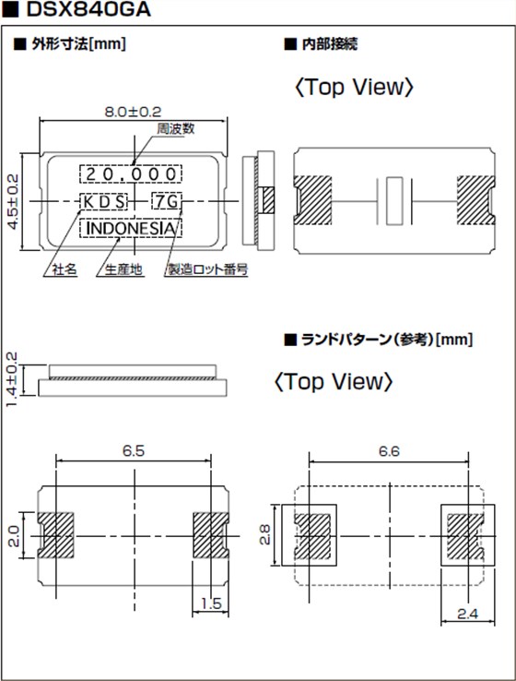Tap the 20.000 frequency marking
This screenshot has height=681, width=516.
pos(130,173)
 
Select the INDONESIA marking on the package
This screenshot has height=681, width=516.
pos(130,228)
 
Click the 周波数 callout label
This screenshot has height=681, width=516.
pos(175,129)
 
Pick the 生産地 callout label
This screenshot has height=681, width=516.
pos(123,270)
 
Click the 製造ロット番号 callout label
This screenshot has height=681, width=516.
pos(207,270)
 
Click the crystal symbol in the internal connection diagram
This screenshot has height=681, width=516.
pos(393,200)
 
